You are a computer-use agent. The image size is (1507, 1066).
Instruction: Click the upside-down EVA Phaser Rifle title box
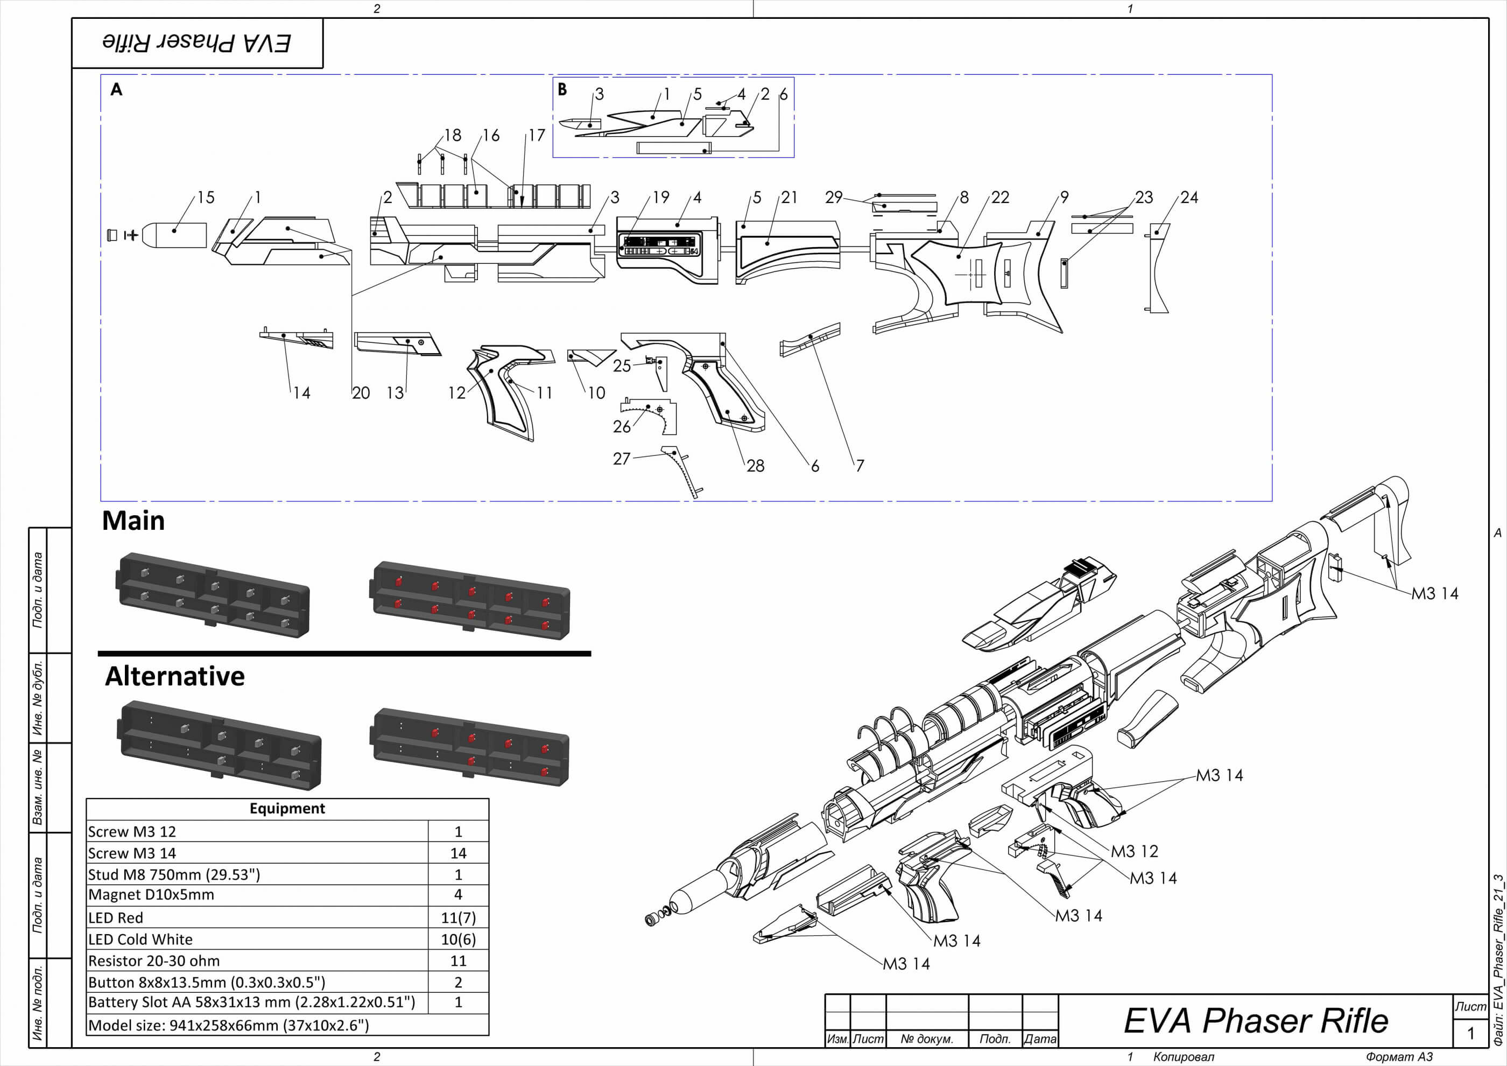point(197,43)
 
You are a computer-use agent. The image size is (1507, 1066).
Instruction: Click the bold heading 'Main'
point(133,521)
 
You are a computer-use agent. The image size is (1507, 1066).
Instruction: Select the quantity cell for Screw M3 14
point(458,853)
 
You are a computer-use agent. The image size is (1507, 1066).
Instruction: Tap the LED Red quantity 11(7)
point(458,917)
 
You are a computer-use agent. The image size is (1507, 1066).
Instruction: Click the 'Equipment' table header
point(287,809)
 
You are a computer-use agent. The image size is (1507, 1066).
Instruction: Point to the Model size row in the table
point(228,1025)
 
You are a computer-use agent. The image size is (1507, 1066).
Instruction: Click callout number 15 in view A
point(206,198)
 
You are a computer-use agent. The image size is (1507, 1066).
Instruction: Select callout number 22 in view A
point(1001,198)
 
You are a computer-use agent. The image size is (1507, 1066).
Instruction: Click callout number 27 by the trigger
point(622,459)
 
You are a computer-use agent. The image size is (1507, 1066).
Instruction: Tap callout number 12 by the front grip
point(457,393)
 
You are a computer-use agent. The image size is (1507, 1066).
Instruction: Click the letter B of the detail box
point(562,89)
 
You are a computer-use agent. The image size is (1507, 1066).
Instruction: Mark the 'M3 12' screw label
point(1134,851)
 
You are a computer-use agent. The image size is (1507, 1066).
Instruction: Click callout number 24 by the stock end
point(1189,198)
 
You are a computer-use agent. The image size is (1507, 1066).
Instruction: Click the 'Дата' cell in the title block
point(1040,1039)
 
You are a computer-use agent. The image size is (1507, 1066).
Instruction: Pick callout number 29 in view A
point(834,198)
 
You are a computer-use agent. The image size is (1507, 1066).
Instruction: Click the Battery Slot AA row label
point(251,1002)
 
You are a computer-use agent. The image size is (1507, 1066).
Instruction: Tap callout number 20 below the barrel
point(361,393)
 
